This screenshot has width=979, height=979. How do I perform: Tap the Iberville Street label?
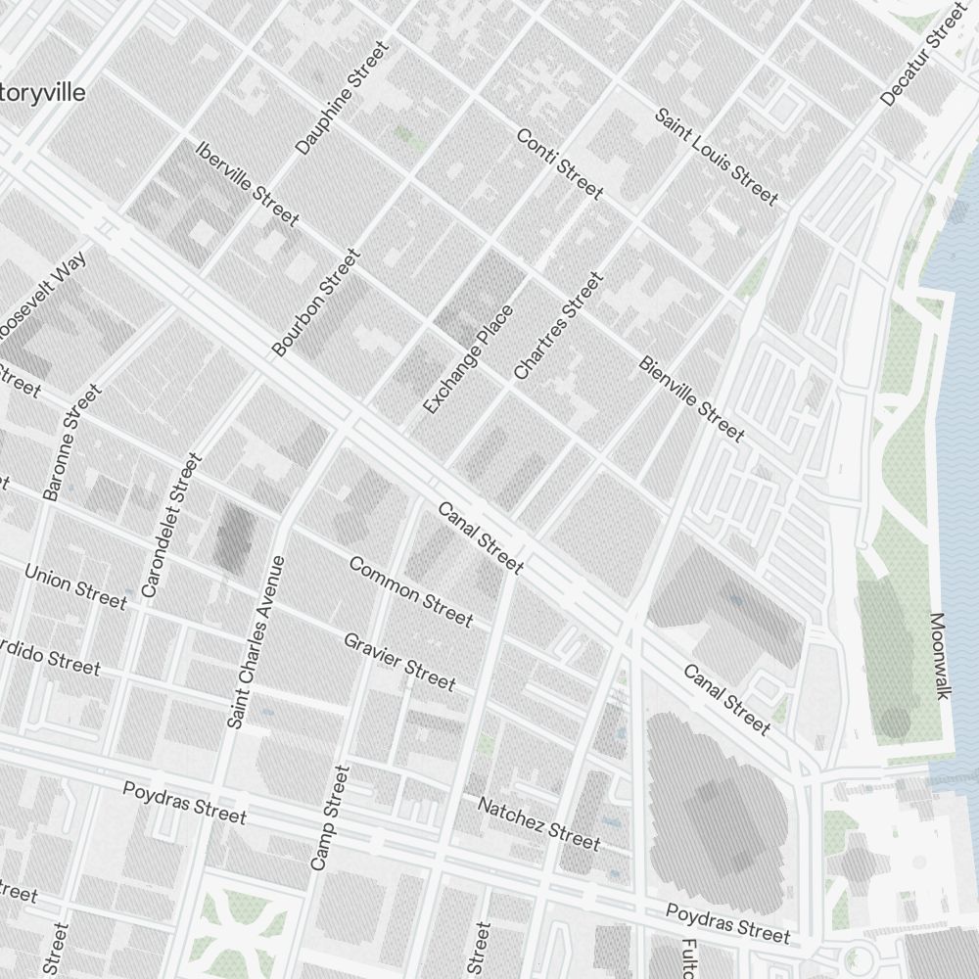tap(247, 184)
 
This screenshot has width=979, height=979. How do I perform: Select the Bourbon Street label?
tap(316, 303)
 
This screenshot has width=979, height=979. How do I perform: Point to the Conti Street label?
tap(559, 163)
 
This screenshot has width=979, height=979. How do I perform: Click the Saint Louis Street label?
tap(716, 158)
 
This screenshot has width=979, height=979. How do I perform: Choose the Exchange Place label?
tap(468, 359)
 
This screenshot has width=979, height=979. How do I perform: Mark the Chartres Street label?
tap(558, 326)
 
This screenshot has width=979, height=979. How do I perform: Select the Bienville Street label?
tap(691, 398)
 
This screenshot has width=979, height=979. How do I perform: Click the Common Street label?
tap(410, 591)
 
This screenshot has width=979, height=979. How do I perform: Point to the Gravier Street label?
tap(399, 661)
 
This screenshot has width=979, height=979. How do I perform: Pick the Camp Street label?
tap(329, 818)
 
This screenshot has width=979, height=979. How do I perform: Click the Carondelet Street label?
tap(170, 525)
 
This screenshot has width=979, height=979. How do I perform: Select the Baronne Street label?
tap(72, 443)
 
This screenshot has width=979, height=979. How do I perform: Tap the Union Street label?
tap(75, 585)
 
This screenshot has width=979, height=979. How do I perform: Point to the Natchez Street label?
tap(538, 822)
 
